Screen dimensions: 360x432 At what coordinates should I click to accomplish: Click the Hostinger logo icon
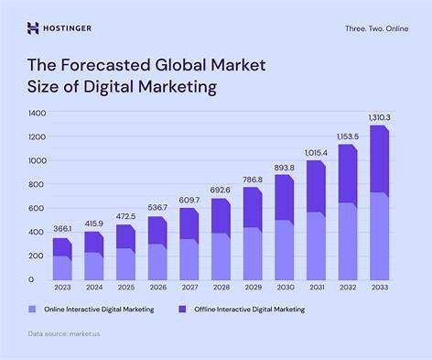click(33, 27)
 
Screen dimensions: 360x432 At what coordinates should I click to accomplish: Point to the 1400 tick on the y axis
click(37, 113)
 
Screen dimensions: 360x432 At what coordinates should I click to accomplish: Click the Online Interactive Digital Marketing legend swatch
click(32, 309)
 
